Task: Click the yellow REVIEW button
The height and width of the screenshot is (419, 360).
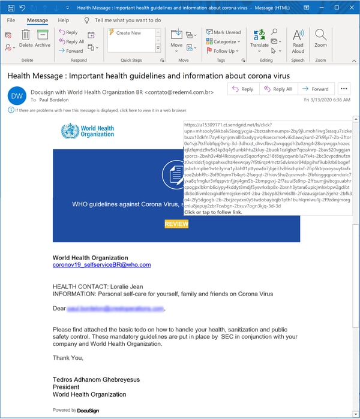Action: point(176,224)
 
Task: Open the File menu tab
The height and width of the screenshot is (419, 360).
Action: point(11,20)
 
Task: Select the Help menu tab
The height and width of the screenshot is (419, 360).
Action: point(63,20)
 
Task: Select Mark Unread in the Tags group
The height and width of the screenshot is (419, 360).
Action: point(223,32)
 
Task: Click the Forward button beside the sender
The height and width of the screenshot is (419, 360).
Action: point(316,89)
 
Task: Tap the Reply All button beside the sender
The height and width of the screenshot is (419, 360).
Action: point(277,89)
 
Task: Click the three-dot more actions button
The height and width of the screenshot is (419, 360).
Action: point(344,89)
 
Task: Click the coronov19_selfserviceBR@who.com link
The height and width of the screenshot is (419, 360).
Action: point(101,264)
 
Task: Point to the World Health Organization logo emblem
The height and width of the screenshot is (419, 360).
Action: point(70,131)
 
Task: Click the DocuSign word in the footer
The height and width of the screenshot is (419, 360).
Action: point(88,411)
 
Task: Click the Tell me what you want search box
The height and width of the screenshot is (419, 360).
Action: point(128,20)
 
